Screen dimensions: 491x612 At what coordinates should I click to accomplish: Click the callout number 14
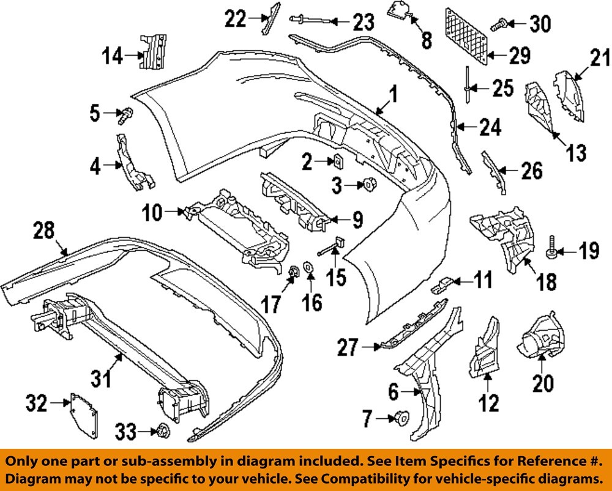tap(111, 57)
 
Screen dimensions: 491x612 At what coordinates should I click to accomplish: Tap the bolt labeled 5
tap(127, 114)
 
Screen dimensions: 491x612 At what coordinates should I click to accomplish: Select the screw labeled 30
tap(498, 25)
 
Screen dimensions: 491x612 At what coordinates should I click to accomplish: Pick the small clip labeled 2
tap(337, 161)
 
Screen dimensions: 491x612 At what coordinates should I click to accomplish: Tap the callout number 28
tap(45, 231)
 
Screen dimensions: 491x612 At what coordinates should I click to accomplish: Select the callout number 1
tap(393, 95)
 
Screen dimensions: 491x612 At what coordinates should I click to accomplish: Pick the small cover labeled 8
tap(398, 12)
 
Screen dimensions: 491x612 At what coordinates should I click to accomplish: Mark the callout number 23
tap(362, 23)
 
